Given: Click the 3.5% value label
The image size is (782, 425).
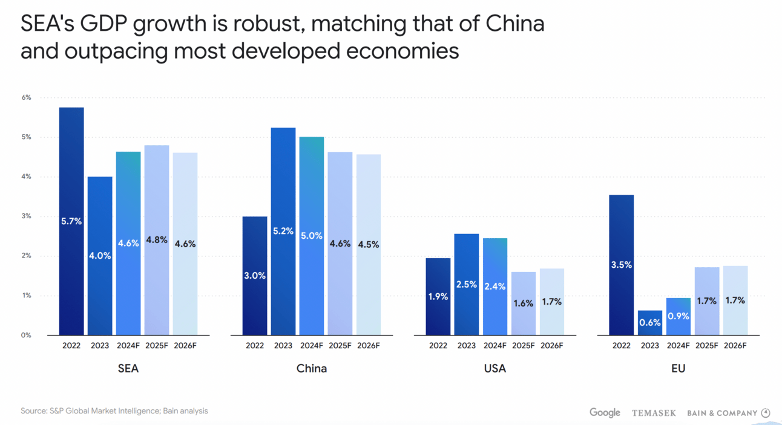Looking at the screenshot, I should (621, 265).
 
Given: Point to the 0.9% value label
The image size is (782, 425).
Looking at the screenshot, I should (678, 316).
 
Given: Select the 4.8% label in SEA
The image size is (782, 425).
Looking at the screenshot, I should (157, 240).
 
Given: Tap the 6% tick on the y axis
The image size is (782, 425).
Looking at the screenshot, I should (26, 97).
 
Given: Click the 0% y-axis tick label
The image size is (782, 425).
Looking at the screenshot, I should (26, 335).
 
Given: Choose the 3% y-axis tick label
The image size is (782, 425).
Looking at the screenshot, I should (26, 216).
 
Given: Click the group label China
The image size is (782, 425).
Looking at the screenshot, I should (312, 368).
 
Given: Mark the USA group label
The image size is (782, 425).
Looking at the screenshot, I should (495, 368).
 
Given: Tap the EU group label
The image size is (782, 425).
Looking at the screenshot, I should (678, 368).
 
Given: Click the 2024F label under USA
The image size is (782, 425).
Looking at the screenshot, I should (495, 346).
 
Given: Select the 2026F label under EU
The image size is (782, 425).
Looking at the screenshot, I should (735, 346).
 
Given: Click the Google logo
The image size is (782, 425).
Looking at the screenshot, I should (605, 412).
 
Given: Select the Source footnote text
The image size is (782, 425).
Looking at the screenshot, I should (114, 411).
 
